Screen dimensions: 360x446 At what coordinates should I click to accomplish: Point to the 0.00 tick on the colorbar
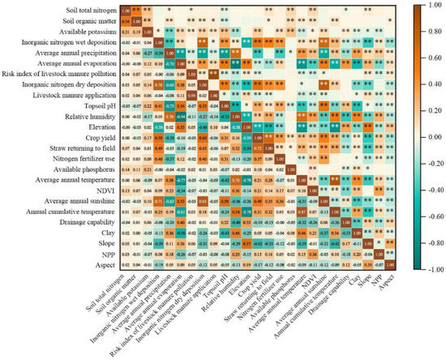click(x=427, y=138)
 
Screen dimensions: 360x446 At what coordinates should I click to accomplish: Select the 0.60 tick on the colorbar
click(x=427, y=59)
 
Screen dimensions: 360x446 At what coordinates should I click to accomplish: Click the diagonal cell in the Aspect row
click(x=390, y=264)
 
